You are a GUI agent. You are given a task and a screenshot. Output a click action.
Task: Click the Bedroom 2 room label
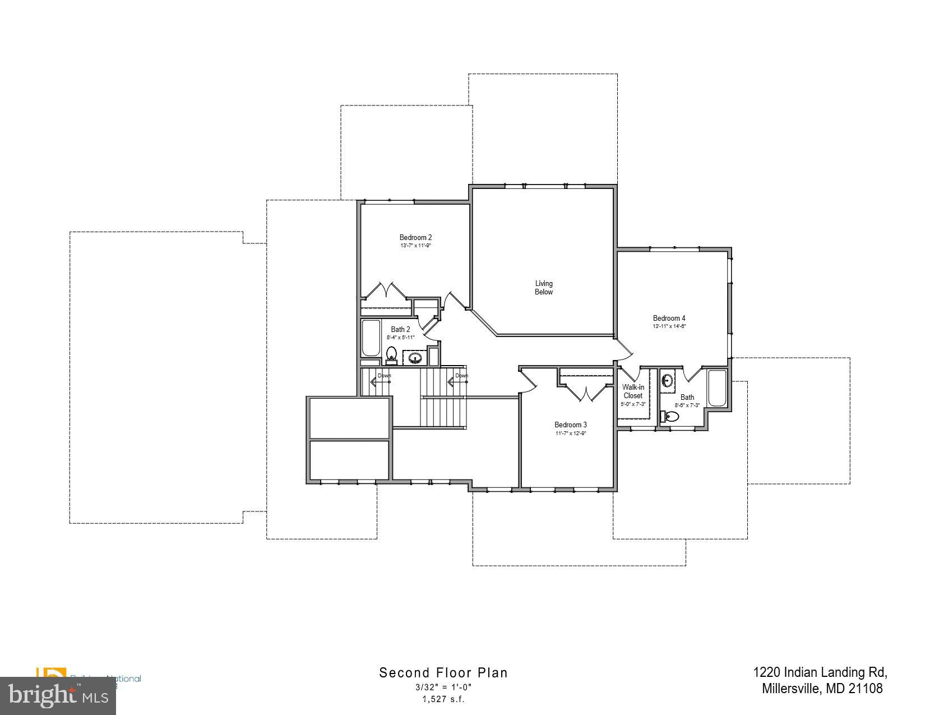[415, 238]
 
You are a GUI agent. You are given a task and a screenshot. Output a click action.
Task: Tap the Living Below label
[544, 288]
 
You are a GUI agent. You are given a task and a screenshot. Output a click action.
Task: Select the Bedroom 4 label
[669, 319]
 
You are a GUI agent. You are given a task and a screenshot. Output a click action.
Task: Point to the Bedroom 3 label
[571, 425]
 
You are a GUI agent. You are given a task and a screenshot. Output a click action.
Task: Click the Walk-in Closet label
[633, 391]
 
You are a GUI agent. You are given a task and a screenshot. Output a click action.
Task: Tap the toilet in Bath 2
[392, 354]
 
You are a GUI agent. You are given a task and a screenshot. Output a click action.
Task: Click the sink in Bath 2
[415, 358]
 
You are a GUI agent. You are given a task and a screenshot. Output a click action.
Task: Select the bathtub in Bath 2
[371, 338]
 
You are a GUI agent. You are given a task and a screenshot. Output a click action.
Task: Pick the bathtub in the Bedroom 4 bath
[717, 388]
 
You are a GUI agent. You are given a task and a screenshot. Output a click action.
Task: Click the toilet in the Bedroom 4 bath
[670, 417]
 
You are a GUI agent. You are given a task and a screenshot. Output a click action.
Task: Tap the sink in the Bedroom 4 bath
[667, 381]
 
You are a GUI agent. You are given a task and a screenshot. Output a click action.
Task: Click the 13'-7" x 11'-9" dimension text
[415, 246]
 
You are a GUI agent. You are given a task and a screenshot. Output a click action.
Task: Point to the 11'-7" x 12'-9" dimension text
[571, 433]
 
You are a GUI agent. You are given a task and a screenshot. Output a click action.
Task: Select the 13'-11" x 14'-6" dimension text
[669, 326]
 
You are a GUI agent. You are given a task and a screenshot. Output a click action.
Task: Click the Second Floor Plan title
[443, 673]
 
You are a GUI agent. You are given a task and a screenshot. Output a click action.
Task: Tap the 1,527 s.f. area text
[443, 699]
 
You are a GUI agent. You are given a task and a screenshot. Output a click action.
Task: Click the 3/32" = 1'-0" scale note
[443, 688]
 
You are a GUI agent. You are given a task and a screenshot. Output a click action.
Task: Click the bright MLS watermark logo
[58, 696]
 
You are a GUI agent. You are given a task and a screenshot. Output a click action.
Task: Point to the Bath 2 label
[400, 330]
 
